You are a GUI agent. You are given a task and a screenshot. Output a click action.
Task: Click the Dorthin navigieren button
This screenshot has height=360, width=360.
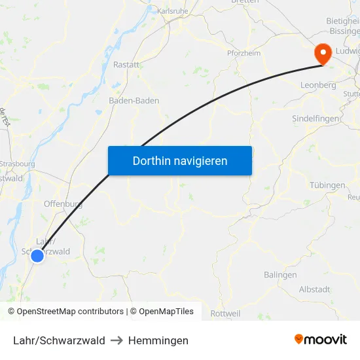[179, 160]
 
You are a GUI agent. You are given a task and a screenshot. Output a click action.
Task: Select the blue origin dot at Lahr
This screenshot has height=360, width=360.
[37, 255]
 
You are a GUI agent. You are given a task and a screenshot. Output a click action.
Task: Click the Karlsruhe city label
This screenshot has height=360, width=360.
[173, 11]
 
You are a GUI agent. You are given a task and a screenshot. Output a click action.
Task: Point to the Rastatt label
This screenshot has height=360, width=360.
[126, 65]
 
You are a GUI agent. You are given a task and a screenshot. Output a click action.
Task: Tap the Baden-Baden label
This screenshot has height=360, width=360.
[134, 101]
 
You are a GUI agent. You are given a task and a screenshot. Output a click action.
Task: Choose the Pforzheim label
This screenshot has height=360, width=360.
[243, 53]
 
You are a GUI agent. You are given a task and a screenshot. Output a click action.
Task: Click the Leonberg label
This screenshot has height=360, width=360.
[317, 85]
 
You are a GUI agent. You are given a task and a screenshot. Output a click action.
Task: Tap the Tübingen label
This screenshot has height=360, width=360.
[327, 185]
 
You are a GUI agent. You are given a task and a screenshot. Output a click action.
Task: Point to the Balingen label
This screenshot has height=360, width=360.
[280, 275]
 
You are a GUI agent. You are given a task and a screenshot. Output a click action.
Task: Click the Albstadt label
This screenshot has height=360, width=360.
[314, 289]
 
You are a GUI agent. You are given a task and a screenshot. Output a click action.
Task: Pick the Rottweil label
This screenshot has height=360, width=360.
[226, 314]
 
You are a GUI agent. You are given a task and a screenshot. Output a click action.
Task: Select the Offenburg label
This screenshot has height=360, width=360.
[63, 204]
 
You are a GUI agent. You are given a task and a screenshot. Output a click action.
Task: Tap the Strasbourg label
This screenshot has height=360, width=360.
[18, 164]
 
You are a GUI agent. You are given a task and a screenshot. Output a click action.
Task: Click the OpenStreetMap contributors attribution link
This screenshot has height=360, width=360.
[65, 312]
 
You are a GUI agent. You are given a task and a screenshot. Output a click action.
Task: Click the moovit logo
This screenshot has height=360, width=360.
[320, 340]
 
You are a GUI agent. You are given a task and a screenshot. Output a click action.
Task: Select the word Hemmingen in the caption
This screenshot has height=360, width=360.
[158, 340]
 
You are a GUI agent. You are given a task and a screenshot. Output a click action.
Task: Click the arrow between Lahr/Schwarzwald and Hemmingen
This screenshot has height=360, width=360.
[117, 340]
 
